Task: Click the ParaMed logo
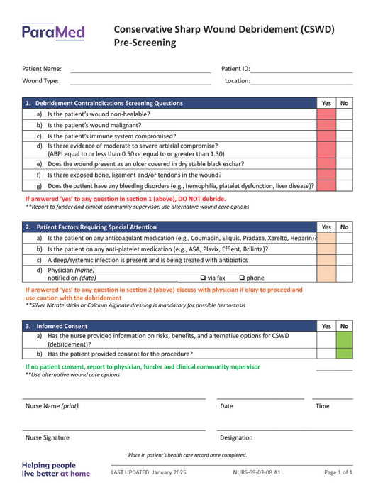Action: point(52,31)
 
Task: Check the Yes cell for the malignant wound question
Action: point(326,125)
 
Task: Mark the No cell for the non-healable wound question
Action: point(345,114)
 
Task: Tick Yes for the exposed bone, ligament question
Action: point(326,174)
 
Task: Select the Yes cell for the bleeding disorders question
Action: point(326,185)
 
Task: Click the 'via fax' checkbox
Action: point(203,278)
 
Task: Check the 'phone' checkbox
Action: point(242,278)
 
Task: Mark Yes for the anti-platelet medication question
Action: point(326,249)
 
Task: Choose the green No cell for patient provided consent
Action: point(345,354)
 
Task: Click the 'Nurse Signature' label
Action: point(48,437)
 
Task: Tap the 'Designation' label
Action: point(236,437)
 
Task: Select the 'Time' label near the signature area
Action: point(322,406)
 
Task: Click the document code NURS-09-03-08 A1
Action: point(256,472)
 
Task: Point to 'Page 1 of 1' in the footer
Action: point(338,472)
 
